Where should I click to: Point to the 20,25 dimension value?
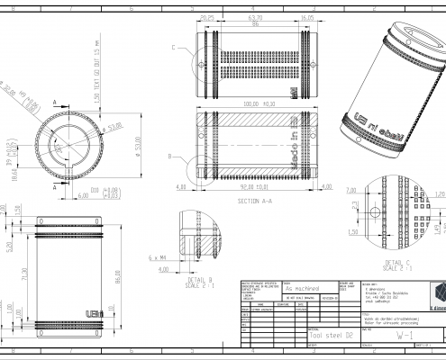206,16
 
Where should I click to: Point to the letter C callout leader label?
173,45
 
